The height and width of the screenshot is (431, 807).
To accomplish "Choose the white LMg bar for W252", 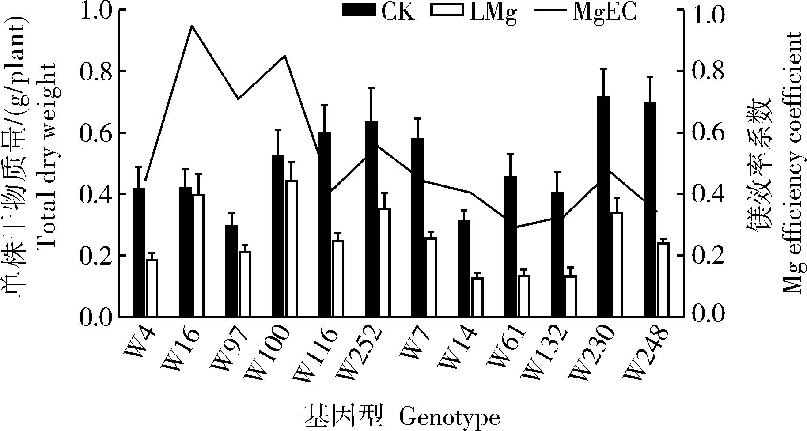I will coord(384,262).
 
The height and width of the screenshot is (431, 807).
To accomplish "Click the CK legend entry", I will coord(380,12).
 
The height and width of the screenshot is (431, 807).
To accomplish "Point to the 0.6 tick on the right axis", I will coord(707,133).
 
